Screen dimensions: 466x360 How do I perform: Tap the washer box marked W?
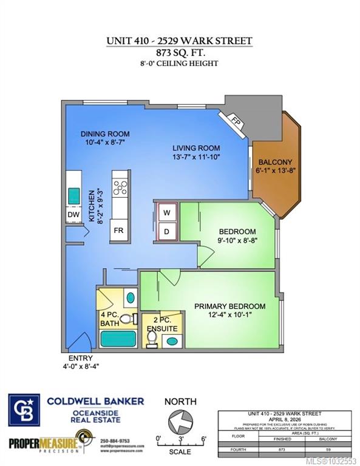[x=166, y=212]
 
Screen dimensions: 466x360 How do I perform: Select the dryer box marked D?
[x=166, y=231]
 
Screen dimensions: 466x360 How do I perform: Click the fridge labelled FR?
[x=120, y=231]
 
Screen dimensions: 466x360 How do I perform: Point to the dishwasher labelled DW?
[x=73, y=215]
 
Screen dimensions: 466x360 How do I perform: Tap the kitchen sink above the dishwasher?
[x=73, y=196]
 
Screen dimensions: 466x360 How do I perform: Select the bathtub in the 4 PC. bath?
[x=119, y=338]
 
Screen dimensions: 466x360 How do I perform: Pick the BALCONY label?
[x=275, y=163]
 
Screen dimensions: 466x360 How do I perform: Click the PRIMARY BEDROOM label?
[x=229, y=306]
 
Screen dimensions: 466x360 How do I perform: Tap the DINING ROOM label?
[x=105, y=134]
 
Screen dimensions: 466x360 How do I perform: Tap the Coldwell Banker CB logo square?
[x=24, y=410]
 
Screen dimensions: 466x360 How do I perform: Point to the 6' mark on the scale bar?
[x=203, y=438]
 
